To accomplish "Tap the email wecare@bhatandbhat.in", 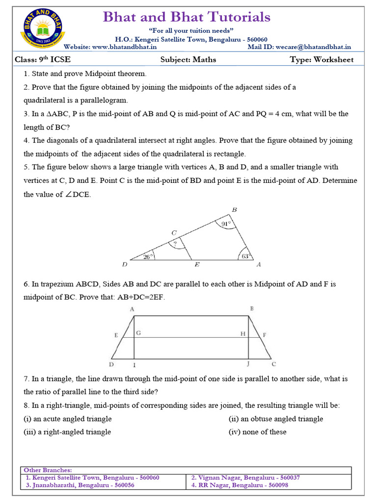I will point(312,47).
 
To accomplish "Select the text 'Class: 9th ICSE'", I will point(40,60).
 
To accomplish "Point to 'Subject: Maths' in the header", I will point(188,60).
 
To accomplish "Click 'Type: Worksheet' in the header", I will point(322,60).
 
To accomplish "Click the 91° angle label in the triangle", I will point(226,225).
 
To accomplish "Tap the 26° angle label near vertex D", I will point(148,255).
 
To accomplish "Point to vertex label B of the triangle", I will point(234,210).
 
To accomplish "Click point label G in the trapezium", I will point(138,333).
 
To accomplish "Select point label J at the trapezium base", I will point(248,365).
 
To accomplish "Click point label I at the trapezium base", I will point(135,366).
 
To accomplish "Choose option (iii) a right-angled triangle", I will point(67,432).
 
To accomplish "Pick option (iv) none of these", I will point(257,432).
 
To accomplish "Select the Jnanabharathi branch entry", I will point(80,485).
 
